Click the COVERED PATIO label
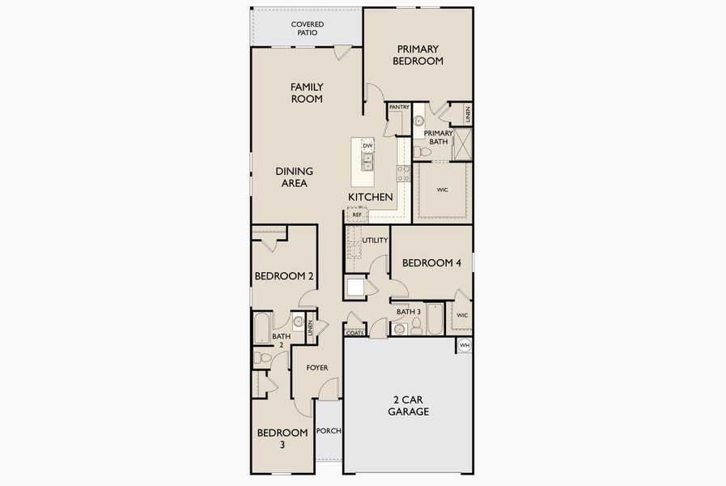point(308,28)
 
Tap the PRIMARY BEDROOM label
point(418,55)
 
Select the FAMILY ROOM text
point(307,92)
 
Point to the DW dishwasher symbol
point(367,146)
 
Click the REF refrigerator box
point(357,215)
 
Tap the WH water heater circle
point(465,345)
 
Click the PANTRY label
point(399,107)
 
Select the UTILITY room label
point(375,241)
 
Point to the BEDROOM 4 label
point(431,263)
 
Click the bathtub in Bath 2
point(262,328)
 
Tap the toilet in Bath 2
point(262,358)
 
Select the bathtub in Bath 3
point(435,319)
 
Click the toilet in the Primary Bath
point(422,152)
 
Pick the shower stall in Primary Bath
point(462,144)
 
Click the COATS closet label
point(355,333)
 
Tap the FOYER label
point(317,368)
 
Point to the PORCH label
point(329,431)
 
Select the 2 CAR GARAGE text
point(409,406)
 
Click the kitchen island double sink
point(367,162)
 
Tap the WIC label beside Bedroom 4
point(462,316)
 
